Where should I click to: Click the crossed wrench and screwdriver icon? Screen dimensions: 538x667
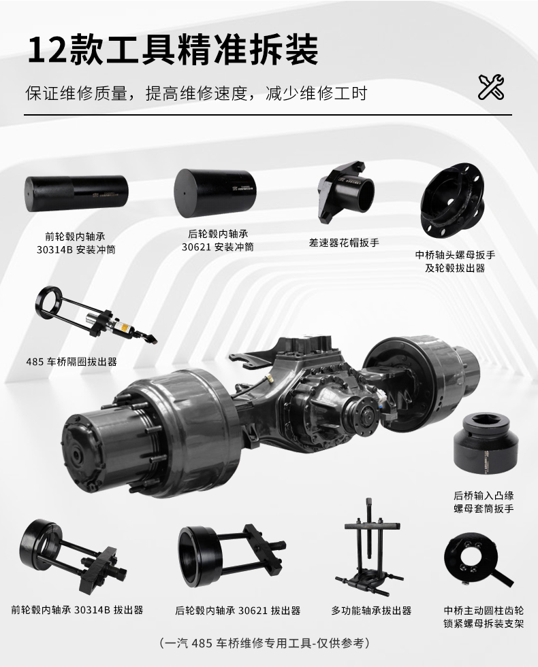click(491, 87)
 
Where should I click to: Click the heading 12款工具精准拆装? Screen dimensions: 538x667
click(172, 50)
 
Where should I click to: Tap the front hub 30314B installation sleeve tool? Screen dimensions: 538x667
click(76, 194)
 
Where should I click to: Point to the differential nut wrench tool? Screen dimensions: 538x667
click(346, 192)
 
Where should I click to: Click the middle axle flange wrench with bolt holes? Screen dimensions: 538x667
click(452, 201)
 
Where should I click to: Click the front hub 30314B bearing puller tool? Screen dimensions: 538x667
click(74, 555)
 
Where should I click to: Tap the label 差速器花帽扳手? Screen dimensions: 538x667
click(344, 243)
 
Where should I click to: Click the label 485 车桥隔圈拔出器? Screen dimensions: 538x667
click(71, 362)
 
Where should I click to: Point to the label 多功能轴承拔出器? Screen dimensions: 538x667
click(371, 611)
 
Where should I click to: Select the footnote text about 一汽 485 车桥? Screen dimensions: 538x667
click(264, 643)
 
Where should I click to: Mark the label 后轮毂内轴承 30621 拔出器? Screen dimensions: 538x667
click(238, 611)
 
